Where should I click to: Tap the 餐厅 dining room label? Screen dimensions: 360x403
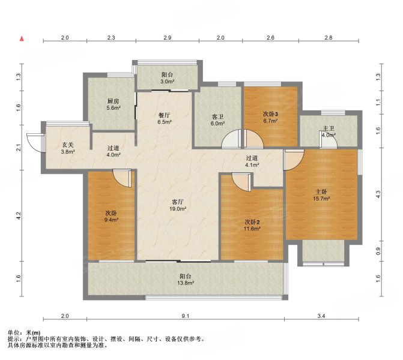164,115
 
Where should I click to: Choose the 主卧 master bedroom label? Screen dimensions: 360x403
323,192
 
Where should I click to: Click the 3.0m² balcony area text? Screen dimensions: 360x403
167,81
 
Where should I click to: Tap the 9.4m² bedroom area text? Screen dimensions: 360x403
111,220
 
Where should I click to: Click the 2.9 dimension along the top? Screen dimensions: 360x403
168,38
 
